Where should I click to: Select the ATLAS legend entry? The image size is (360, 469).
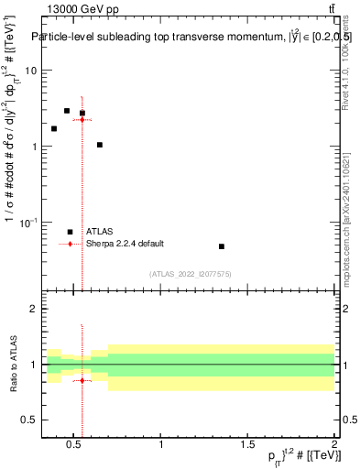click(x=98, y=232)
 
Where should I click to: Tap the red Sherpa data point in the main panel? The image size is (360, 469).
click(x=82, y=120)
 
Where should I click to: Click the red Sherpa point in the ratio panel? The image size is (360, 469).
click(x=82, y=380)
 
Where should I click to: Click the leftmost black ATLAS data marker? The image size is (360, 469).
click(x=54, y=128)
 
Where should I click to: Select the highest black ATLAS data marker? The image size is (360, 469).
click(x=67, y=111)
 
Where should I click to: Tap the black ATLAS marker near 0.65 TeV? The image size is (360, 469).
click(x=100, y=145)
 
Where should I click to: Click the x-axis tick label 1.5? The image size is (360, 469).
click(x=248, y=445)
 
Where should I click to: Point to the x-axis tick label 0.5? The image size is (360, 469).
click(x=75, y=445)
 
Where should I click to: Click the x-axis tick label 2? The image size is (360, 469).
click(x=334, y=445)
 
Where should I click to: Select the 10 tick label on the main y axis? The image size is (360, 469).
click(x=29, y=71)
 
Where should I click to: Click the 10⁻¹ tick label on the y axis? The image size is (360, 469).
click(x=27, y=223)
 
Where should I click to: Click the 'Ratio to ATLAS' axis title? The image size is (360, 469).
click(x=12, y=365)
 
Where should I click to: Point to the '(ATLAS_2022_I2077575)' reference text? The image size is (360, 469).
click(x=190, y=274)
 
